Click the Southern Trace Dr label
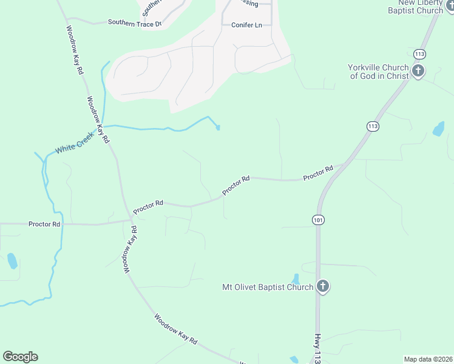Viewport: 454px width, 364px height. coord(135,23)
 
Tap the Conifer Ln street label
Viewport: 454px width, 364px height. coord(246,25)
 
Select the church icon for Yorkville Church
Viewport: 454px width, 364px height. coord(418,72)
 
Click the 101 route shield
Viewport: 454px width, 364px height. coord(319,219)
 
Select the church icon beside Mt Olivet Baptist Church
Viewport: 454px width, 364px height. coord(323,287)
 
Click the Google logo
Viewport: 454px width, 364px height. coord(20,357)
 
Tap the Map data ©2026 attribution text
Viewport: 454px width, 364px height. coord(428,359)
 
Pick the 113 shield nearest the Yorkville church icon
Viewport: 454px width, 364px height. coord(419,54)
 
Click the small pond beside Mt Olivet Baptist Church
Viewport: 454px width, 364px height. coord(296,278)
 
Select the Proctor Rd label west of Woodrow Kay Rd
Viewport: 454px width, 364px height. coord(44,224)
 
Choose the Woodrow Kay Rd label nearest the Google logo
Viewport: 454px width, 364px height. coord(176,329)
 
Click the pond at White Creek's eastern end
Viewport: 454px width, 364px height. coord(218,127)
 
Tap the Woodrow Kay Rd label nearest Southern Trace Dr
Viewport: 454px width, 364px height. coord(75,50)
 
